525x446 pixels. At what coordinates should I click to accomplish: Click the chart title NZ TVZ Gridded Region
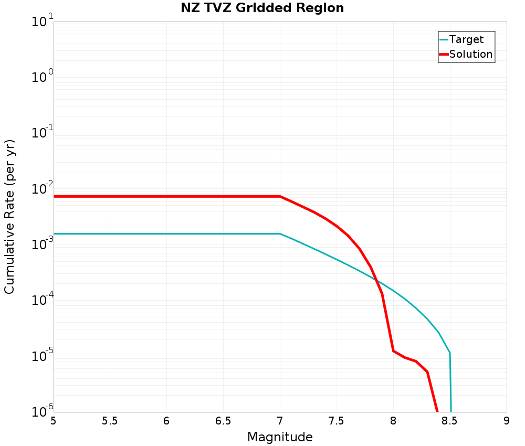pyautogui.click(x=262, y=8)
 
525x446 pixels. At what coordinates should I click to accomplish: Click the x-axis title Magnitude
pyautogui.click(x=280, y=437)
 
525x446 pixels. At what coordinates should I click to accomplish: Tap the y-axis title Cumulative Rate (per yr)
pyautogui.click(x=9, y=217)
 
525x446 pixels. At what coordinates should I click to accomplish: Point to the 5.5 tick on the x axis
pyautogui.click(x=110, y=421)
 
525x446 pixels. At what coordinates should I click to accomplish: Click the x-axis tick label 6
pyautogui.click(x=166, y=421)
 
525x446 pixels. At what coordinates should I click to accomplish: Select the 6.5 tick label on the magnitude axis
pyautogui.click(x=223, y=421)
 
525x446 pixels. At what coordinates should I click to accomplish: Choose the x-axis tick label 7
pyautogui.click(x=280, y=421)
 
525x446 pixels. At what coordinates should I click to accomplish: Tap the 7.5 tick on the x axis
pyautogui.click(x=337, y=421)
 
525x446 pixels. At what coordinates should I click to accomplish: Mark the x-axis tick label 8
pyautogui.click(x=393, y=421)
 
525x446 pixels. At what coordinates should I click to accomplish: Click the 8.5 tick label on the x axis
pyautogui.click(x=450, y=421)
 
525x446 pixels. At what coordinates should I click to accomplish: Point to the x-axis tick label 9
pyautogui.click(x=507, y=421)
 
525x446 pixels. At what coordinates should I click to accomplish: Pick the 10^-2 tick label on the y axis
pyautogui.click(x=41, y=189)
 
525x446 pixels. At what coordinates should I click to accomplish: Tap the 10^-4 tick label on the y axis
pyautogui.click(x=41, y=301)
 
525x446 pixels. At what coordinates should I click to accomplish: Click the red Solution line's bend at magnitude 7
pyautogui.click(x=280, y=196)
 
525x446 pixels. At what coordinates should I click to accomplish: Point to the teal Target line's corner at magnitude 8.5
pyautogui.click(x=450, y=353)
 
